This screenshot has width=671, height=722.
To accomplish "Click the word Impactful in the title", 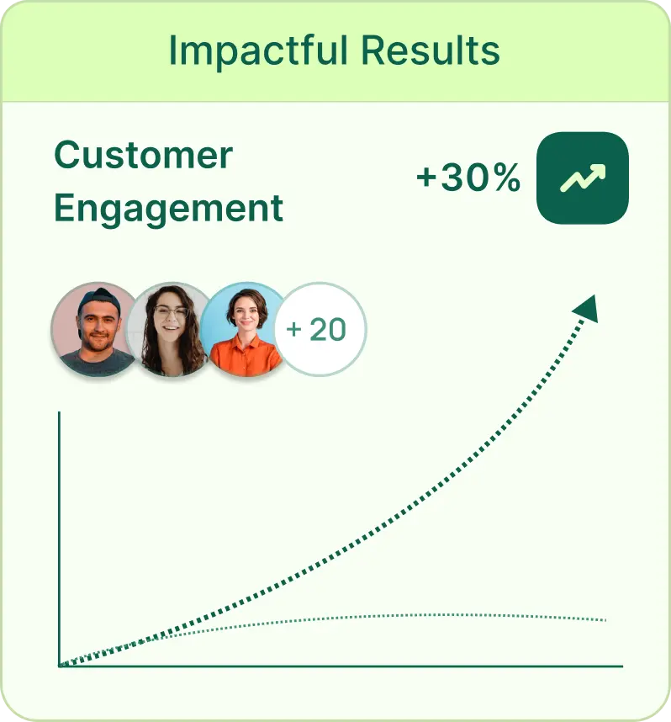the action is [258, 51].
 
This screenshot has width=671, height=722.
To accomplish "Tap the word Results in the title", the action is [431, 50].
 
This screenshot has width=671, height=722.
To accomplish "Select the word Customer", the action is [143, 155].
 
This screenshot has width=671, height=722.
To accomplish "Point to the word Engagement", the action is [168, 210].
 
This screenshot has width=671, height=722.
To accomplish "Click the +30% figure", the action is [468, 178].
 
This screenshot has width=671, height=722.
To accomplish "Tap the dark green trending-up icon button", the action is [583, 178].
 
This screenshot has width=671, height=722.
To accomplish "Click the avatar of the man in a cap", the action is [96, 329].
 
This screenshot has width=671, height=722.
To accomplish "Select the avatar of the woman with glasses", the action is [171, 329].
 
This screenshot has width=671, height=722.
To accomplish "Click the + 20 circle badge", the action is [320, 329].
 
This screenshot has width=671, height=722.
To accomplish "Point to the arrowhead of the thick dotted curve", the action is [587, 309].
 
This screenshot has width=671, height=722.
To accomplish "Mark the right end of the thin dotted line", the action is [605, 620].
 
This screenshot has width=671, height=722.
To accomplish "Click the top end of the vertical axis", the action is [59, 412].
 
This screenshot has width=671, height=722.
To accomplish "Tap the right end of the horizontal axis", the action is [622, 666].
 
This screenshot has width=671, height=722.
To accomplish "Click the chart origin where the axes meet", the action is [59, 666].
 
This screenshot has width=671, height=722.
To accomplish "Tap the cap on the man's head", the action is [98, 300].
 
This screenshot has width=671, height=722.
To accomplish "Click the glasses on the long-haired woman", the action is [171, 312].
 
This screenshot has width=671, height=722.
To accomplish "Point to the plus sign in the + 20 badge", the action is [293, 330].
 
